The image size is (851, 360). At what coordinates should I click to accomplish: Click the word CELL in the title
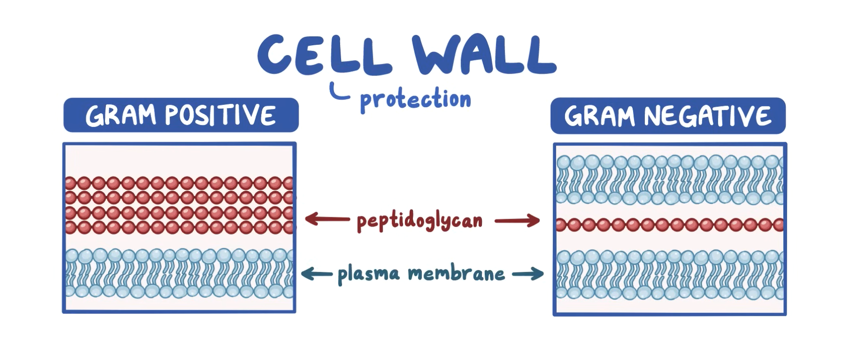pyautogui.click(x=324, y=55)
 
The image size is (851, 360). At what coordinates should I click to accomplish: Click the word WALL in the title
pyautogui.click(x=484, y=55)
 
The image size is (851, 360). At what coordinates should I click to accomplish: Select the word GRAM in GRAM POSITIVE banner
pyautogui.click(x=120, y=115)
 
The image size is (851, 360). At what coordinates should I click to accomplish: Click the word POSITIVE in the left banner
pyautogui.click(x=220, y=115)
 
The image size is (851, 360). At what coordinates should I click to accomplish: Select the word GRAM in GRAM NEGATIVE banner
pyautogui.click(x=599, y=116)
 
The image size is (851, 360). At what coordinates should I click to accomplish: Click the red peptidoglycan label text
pyautogui.click(x=419, y=221)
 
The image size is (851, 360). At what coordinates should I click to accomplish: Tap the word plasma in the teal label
pyautogui.click(x=369, y=274)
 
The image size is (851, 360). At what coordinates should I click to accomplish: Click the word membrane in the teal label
pyautogui.click(x=456, y=273)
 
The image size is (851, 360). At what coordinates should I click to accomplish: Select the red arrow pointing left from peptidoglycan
pyautogui.click(x=327, y=219)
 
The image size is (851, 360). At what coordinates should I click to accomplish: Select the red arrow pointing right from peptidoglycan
pyautogui.click(x=517, y=221)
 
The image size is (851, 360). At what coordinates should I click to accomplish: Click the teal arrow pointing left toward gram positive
pyautogui.click(x=317, y=273)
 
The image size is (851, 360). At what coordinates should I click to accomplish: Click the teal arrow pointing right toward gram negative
pyautogui.click(x=528, y=274)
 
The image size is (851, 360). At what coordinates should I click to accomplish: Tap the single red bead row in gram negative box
pyautogui.click(x=670, y=225)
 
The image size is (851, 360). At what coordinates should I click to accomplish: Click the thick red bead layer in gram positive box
pyautogui.click(x=179, y=205)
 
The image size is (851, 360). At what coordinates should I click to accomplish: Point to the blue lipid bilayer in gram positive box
pyautogui.click(x=179, y=274)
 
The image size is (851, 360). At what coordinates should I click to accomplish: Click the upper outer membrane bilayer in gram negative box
pyautogui.click(x=670, y=180)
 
